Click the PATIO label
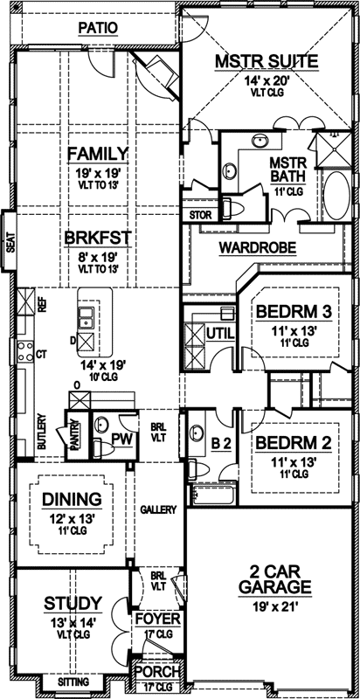point(97,28)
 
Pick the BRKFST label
point(97,236)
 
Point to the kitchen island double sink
point(86,329)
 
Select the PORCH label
point(157,673)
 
